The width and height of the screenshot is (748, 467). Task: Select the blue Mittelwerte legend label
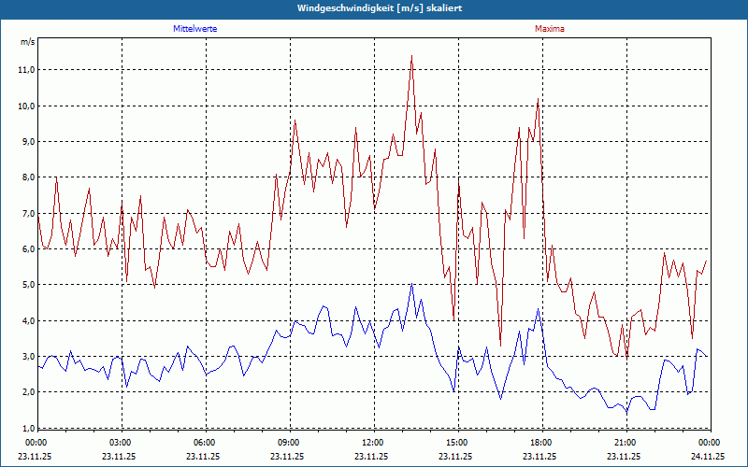[195, 29]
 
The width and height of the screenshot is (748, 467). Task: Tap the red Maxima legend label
[550, 29]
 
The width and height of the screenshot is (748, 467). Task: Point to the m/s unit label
[27, 42]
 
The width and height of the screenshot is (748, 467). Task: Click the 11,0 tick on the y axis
[26, 70]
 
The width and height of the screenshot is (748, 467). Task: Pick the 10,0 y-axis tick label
[26, 106]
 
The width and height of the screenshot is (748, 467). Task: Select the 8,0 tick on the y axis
[26, 177]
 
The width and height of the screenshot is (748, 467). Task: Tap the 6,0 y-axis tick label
[26, 249]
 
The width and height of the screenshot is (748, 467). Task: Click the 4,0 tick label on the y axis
[26, 320]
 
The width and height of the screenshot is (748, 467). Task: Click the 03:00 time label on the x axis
[121, 442]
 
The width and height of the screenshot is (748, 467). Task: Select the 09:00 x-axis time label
[289, 442]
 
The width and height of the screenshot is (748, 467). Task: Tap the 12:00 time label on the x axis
[372, 442]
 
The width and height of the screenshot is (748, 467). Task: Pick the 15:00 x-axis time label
[456, 442]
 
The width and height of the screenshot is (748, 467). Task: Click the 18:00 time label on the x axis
[540, 442]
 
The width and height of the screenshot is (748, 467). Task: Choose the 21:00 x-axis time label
[625, 442]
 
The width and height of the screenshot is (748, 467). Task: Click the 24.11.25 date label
[708, 457]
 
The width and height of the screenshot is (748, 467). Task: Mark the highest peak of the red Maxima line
[411, 56]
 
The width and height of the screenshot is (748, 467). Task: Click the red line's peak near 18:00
[538, 99]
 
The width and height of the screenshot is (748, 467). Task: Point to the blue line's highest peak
[411, 284]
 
